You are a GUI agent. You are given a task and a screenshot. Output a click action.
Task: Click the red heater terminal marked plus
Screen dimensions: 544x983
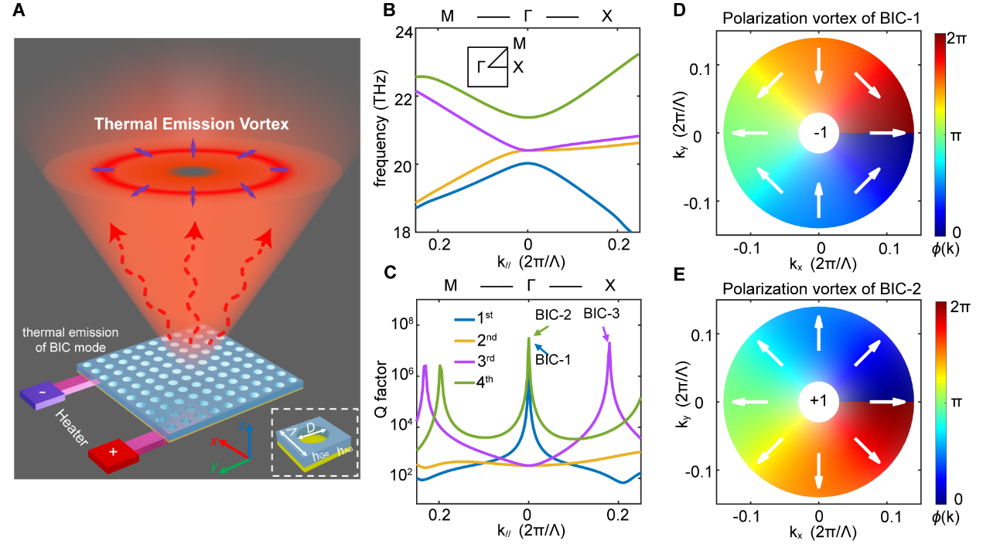(x=114, y=451)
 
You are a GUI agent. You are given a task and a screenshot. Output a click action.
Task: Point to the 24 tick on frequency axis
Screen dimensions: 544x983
(x=401, y=33)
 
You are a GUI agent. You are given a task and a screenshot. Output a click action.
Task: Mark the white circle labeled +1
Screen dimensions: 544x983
(x=818, y=402)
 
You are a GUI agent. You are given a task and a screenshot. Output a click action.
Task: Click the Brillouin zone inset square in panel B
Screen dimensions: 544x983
(x=487, y=66)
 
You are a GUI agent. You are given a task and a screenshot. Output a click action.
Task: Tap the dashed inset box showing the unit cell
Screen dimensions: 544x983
(x=314, y=443)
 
